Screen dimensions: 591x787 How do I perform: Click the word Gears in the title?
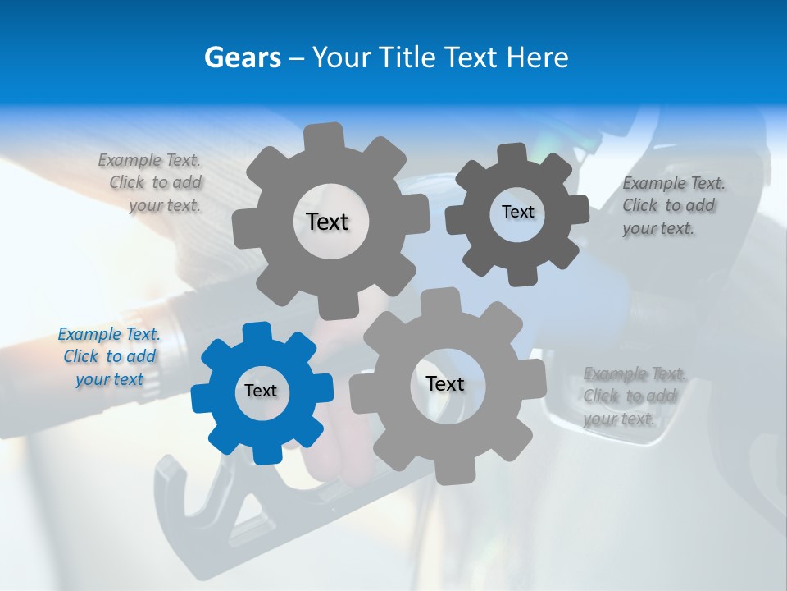pos(242,57)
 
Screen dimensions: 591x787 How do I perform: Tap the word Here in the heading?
pos(538,57)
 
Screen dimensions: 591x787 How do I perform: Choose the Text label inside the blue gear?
pos(261,391)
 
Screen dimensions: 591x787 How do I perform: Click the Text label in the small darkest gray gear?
pos(517,212)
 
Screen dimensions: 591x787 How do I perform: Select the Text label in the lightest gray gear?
pos(445,383)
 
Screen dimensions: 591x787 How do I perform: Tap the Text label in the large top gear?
pos(327,222)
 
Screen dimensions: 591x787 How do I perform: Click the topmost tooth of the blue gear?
pos(257,332)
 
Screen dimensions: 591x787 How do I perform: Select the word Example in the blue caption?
pos(90,334)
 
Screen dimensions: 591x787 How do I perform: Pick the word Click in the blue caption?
pos(81,356)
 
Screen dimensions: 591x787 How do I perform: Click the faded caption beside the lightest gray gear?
pos(633,396)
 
